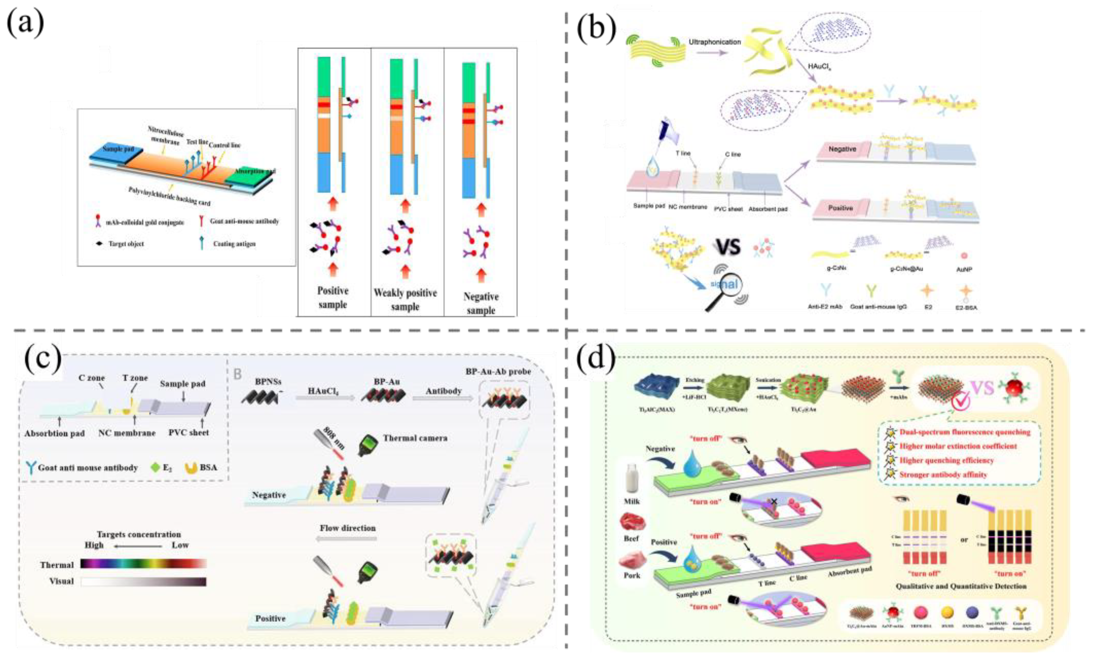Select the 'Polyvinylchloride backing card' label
(169, 196)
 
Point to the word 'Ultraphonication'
(715, 42)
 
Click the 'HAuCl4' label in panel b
(820, 66)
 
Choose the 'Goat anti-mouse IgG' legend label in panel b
(872, 306)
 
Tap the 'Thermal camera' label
(415, 438)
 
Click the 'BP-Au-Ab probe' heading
(498, 371)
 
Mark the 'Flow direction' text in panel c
(347, 528)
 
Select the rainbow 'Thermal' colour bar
(143, 564)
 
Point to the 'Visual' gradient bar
(143, 581)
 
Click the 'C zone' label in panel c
(91, 378)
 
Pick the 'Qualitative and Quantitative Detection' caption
(961, 586)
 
